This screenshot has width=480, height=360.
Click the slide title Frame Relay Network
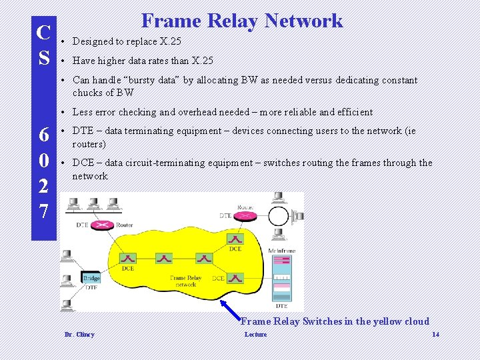pos(242,21)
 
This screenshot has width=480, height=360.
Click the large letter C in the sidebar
pos(44,32)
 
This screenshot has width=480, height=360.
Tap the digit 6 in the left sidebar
pos(43,135)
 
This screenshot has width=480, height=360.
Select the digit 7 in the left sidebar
pos(43,211)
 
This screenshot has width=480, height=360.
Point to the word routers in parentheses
pos(89,144)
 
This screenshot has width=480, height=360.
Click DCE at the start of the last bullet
pos(83,163)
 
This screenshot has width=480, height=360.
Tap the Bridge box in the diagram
pos(91,277)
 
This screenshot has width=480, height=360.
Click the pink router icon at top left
pos(104,225)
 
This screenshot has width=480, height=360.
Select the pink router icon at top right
pos(245,215)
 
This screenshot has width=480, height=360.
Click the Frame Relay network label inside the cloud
pos(186,281)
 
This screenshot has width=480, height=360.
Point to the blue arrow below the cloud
pos(231,309)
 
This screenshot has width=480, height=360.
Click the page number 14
pos(435,334)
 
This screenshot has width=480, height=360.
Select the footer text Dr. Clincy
pos(79,334)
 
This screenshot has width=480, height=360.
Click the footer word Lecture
pos(255,334)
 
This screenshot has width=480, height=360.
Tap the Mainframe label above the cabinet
pos(281,251)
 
